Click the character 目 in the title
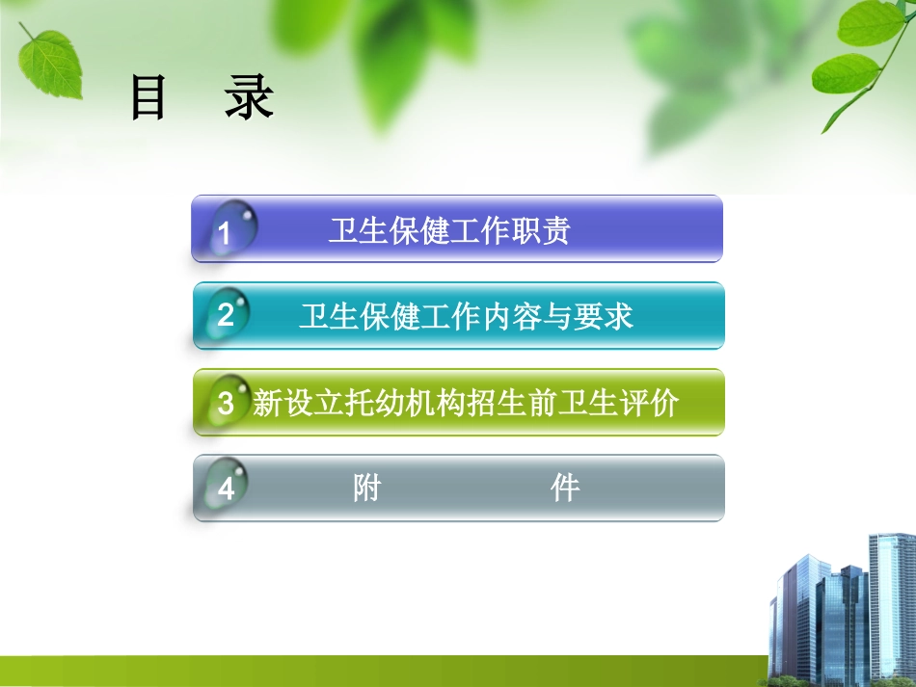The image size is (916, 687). [148, 99]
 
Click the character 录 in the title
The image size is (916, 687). [250, 99]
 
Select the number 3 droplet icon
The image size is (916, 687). [228, 401]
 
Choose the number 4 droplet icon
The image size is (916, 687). [228, 488]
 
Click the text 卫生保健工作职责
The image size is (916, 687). [449, 231]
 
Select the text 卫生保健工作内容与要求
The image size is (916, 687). [467, 316]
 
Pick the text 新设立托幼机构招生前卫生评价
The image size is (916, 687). [466, 403]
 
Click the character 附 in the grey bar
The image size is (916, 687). [367, 489]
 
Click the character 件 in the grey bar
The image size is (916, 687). [565, 489]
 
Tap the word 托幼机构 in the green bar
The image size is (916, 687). [405, 403]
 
